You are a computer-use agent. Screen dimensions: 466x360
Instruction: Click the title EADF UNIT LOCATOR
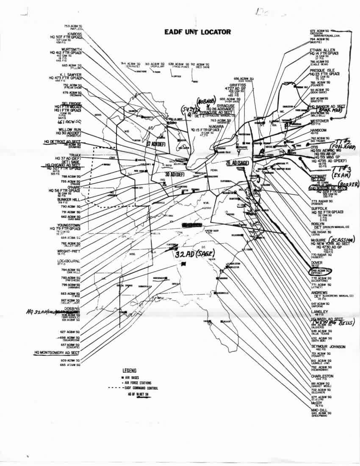[x=197, y=32]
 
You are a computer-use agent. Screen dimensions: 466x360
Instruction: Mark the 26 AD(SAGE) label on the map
[x=238, y=162]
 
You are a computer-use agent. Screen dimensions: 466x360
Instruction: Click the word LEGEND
[x=129, y=370]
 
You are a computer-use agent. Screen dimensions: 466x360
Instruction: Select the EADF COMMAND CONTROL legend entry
[x=144, y=388]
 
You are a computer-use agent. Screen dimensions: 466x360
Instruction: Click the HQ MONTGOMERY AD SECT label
[x=57, y=352]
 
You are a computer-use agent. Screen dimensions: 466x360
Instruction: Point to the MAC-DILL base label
[x=320, y=410]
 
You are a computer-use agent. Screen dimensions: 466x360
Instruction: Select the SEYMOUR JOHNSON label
[x=328, y=347]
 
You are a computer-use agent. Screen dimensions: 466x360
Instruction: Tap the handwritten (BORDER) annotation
[x=348, y=184]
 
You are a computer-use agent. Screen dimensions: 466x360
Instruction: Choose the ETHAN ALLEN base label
[x=323, y=50]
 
